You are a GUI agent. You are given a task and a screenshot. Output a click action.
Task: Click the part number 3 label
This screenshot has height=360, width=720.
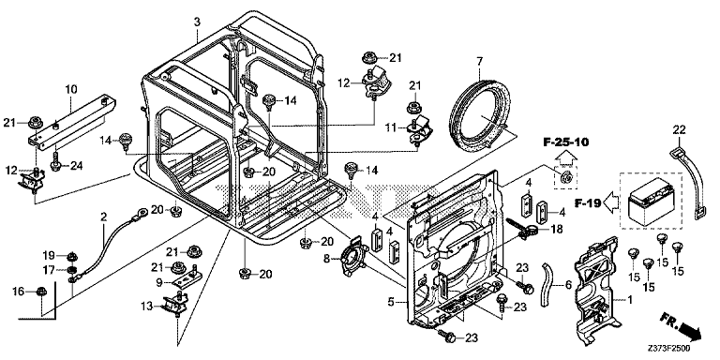[197, 22]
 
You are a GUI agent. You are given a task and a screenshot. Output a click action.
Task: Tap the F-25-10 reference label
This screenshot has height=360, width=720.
[565, 142]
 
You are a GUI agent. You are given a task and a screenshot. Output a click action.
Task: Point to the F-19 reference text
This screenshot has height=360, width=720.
[588, 202]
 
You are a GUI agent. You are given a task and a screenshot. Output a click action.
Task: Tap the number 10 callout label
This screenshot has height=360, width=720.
[71, 89]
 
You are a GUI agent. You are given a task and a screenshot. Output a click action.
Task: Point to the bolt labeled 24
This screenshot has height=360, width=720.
[55, 164]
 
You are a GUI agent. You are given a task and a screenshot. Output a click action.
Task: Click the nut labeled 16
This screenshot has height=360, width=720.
[41, 291]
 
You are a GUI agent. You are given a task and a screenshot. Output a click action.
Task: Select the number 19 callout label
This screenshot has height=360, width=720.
[49, 255]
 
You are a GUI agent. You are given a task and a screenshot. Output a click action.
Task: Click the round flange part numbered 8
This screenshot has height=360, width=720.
[354, 259]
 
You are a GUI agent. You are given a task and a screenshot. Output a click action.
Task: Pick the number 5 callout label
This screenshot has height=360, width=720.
[391, 302]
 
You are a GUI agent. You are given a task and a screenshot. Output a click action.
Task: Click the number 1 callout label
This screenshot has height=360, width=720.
[629, 300]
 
